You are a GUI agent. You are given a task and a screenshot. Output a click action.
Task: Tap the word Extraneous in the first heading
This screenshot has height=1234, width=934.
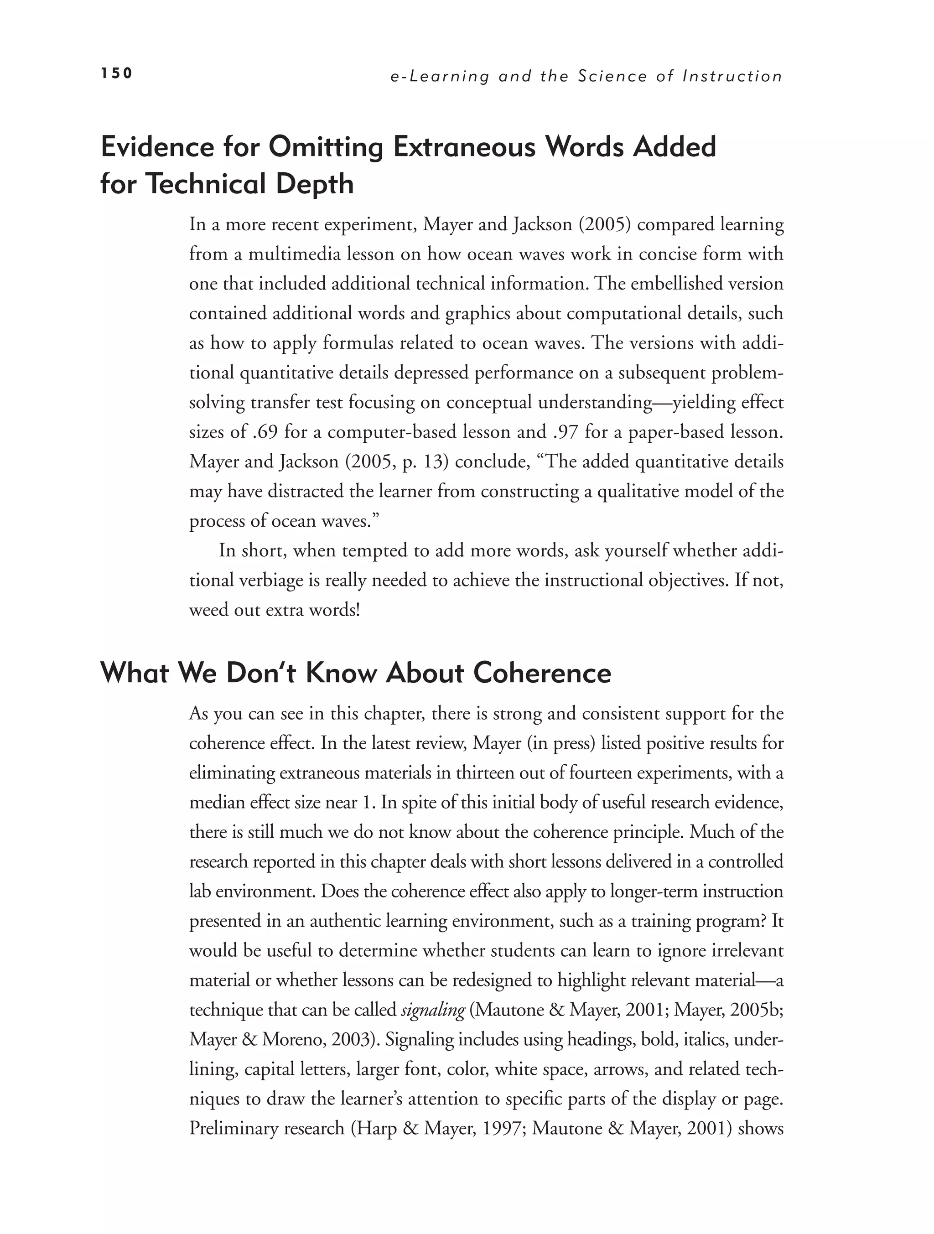point(465,147)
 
